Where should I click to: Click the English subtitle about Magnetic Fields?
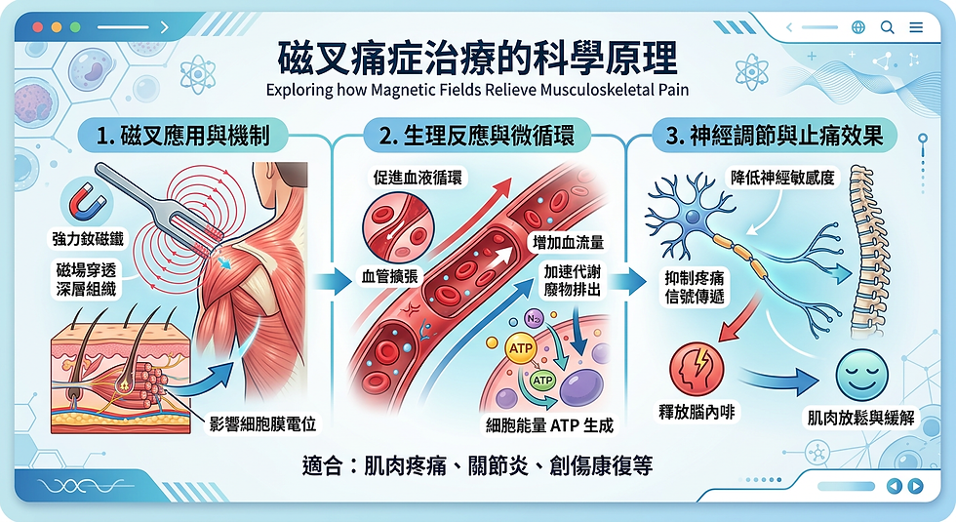tap(477, 92)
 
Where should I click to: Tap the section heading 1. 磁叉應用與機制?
tap(183, 135)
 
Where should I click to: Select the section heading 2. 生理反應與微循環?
tap(479, 135)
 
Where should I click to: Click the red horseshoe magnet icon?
tap(86, 203)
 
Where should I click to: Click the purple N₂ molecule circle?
tap(534, 318)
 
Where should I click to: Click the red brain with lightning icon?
tap(697, 373)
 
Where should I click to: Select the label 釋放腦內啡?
tap(697, 413)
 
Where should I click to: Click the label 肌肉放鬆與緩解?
tap(859, 418)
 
